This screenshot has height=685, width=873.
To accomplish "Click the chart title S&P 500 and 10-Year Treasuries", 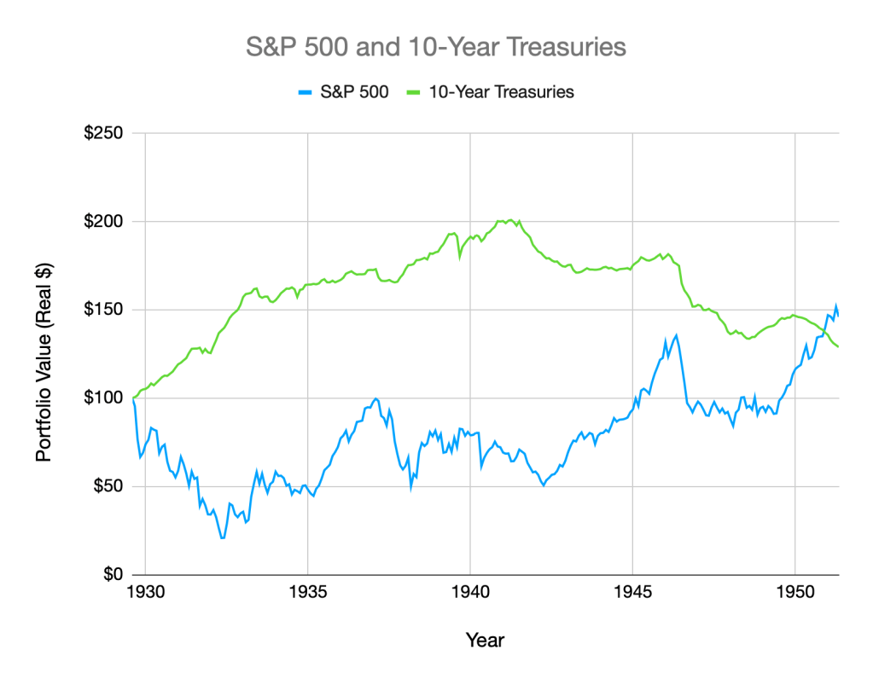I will coord(436,47).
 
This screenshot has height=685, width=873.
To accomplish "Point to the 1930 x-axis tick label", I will coord(145,591).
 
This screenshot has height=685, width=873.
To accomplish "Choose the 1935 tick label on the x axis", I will coord(307,591).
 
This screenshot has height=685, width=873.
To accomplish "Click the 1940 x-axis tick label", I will coord(470,591).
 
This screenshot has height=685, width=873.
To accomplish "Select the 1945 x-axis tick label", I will coord(632,591).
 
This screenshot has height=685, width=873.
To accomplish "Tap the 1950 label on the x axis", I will coord(794,591).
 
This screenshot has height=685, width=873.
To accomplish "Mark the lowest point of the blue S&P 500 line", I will coord(223,538).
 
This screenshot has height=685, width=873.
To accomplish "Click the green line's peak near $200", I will coord(509,220).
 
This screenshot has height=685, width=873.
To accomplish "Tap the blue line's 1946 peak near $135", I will coord(676,335).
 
